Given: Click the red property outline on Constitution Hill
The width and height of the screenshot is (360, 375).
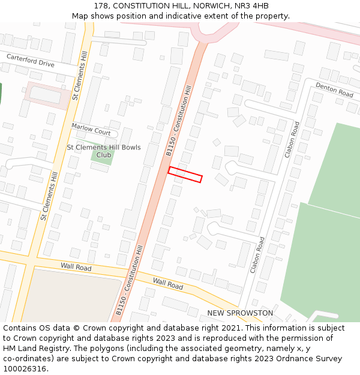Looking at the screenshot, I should click(x=185, y=174).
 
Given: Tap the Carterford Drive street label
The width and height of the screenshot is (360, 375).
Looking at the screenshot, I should click(x=30, y=60).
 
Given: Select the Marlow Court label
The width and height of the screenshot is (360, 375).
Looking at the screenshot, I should click(x=91, y=129).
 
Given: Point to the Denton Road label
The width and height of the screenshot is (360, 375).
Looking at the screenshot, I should click(x=334, y=90).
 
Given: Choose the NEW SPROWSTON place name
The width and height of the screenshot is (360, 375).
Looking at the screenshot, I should click(x=240, y=313).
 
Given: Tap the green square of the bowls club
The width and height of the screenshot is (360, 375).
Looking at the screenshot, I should click(x=102, y=155).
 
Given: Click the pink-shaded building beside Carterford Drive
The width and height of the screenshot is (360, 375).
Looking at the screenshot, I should click(x=46, y=95).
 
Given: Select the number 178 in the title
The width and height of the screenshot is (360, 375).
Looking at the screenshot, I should click(x=101, y=6).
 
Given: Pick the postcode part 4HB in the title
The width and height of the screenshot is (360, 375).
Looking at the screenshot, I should click(x=259, y=6).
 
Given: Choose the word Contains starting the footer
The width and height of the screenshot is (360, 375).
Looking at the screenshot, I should click(x=19, y=328).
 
